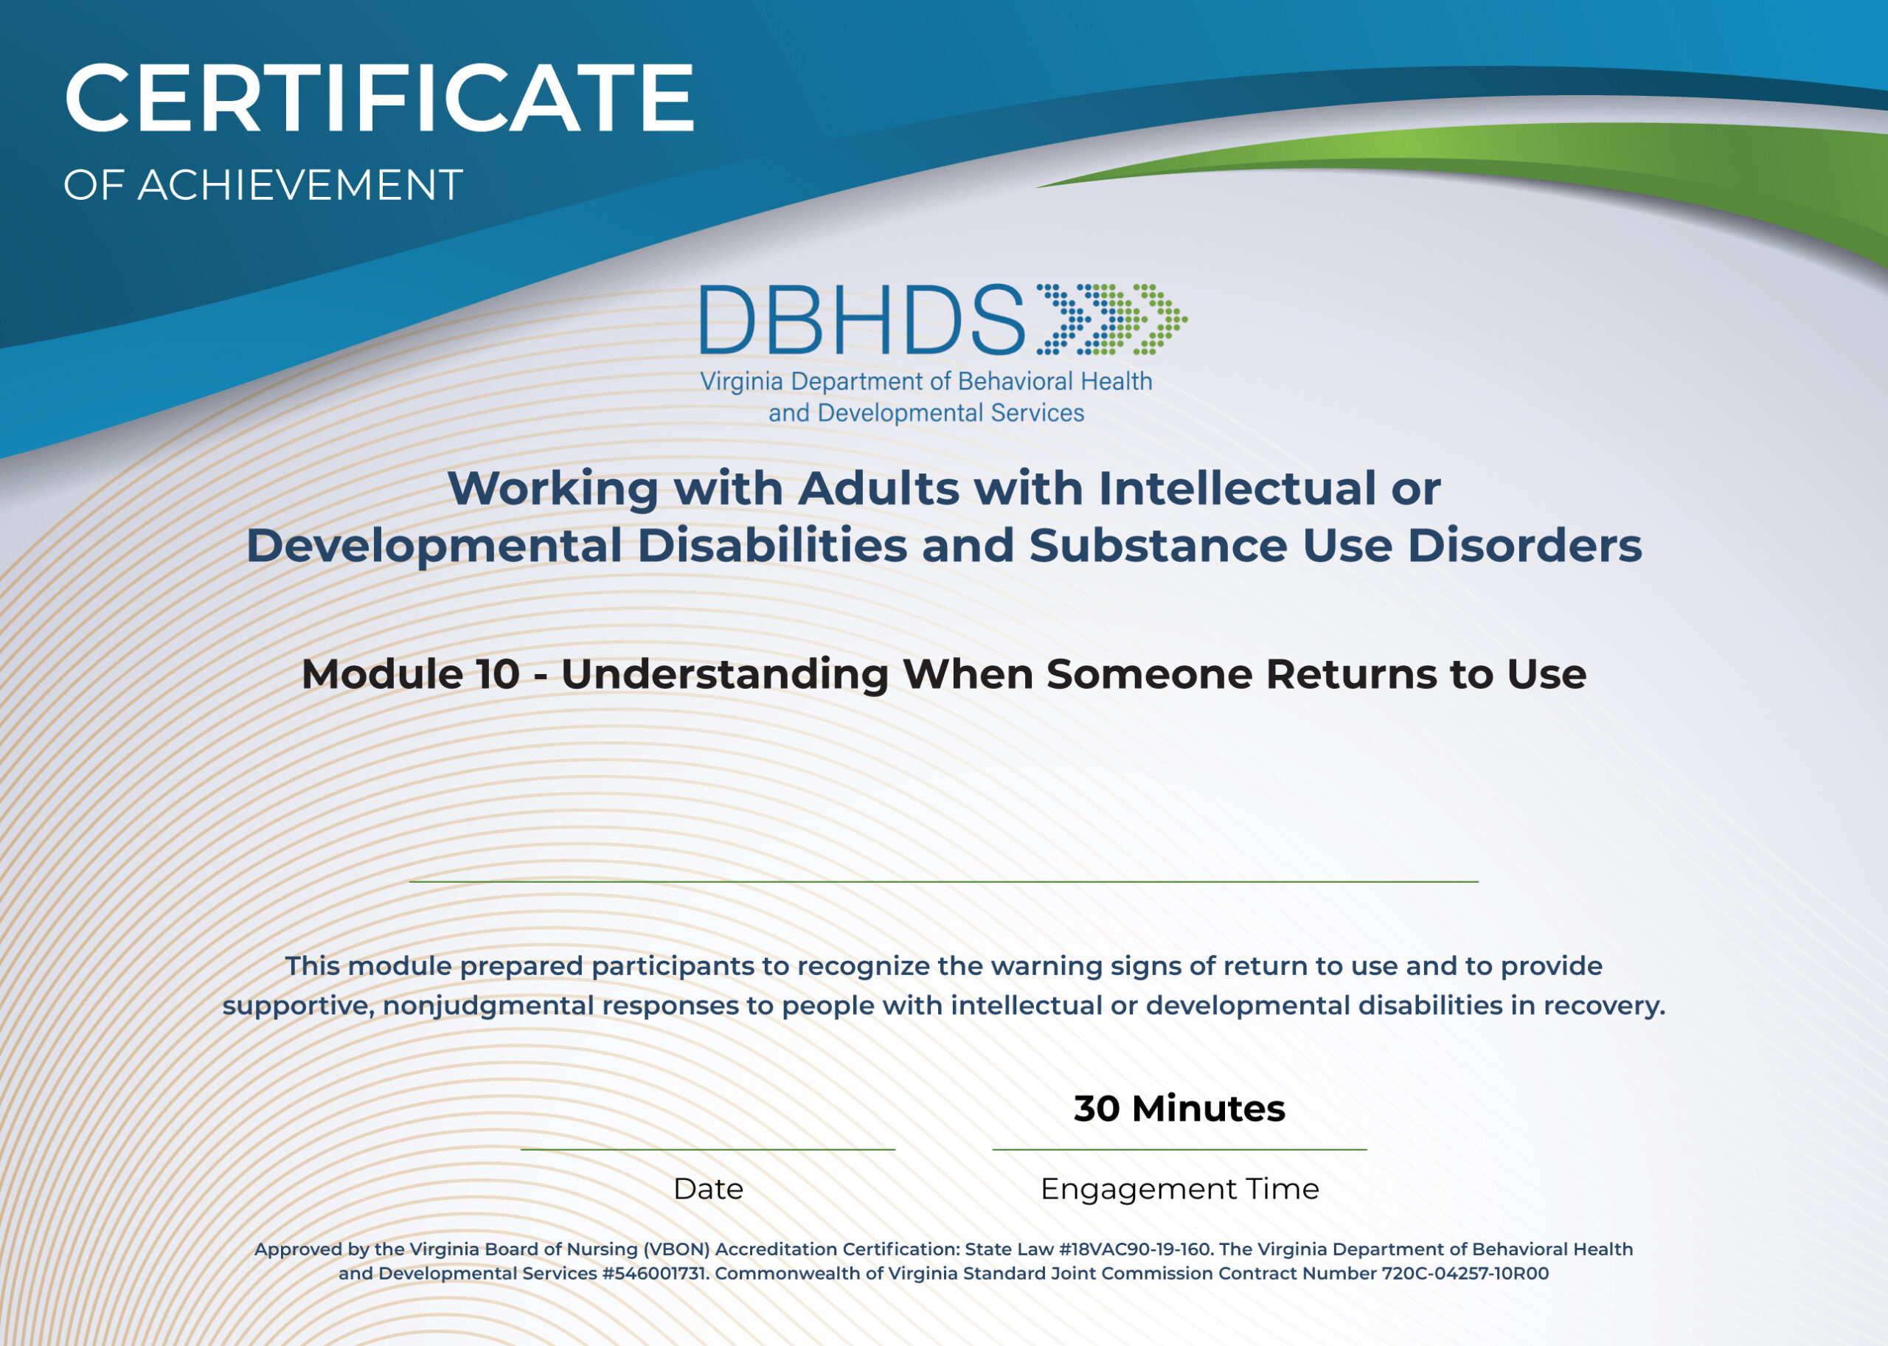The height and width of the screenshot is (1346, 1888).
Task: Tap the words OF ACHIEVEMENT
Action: coord(263,185)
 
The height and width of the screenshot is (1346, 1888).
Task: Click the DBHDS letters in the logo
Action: coord(862,320)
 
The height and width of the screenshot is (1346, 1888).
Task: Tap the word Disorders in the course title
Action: coord(1524,547)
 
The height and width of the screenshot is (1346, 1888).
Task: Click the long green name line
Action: coord(943,882)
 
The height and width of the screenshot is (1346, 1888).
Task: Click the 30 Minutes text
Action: coord(1179,1108)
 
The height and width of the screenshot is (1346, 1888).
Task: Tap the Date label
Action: coord(708,1188)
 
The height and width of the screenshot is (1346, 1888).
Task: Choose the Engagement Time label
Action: coord(1179,1188)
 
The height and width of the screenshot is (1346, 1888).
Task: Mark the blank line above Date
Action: coord(708,1150)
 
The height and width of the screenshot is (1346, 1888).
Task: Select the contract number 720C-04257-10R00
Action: coord(1465,1273)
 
